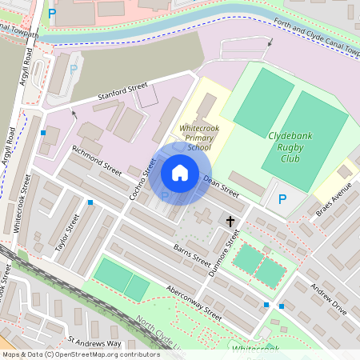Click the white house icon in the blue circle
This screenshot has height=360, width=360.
coord(180,172)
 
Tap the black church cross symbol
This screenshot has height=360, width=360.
coord(230,220)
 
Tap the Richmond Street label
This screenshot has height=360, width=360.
coord(96,160)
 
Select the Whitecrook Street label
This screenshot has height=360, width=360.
coord(22,204)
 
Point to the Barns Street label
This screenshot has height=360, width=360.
coord(192,255)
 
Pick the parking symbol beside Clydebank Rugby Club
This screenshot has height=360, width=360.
coord(281,199)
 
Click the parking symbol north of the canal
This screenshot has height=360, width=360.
coord(52,13)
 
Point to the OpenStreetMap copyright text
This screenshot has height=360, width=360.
coord(80,354)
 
